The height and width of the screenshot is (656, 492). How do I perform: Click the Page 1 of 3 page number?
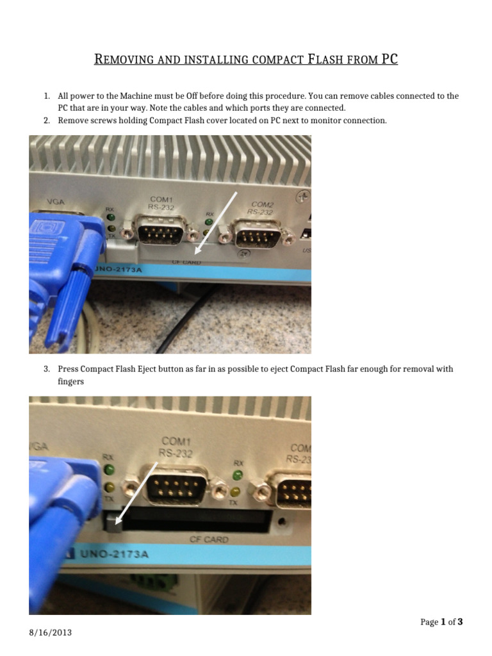441,621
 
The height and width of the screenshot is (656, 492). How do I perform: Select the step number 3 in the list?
47,369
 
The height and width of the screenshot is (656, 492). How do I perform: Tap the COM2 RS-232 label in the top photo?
261,208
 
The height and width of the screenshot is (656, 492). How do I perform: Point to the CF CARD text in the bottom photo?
208,539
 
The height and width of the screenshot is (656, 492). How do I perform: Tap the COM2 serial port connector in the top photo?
257,235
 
